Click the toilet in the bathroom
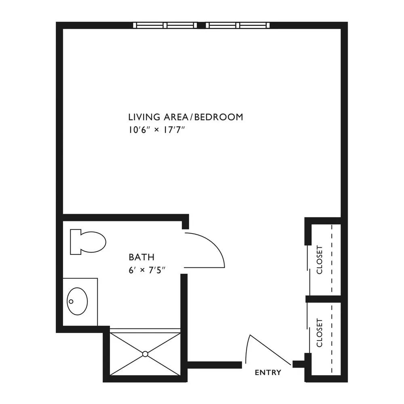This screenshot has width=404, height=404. (x=88, y=242)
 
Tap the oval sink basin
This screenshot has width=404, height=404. (x=77, y=301)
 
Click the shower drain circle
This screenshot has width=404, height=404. (x=145, y=354)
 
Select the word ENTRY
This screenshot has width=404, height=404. (x=268, y=372)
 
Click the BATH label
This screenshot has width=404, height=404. (x=141, y=257)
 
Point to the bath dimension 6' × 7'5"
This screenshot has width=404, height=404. (x=147, y=270)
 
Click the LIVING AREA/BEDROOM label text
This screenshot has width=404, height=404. (x=185, y=117)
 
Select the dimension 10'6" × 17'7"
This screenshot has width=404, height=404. (x=157, y=130)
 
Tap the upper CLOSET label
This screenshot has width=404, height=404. (x=320, y=260)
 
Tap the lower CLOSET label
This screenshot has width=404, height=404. (x=320, y=333)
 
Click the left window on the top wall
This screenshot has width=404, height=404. (x=165, y=25)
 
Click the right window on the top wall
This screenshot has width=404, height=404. (x=238, y=25)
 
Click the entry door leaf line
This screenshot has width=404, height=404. (x=270, y=349)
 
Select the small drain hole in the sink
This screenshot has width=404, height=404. (x=71, y=301)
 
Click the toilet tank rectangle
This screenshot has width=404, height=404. (x=76, y=242)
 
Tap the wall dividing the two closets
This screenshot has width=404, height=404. (x=323, y=299)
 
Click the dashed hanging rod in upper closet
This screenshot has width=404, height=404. (x=332, y=260)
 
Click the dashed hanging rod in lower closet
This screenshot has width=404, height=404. (x=332, y=338)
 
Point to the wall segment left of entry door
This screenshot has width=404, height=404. (x=215, y=365)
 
